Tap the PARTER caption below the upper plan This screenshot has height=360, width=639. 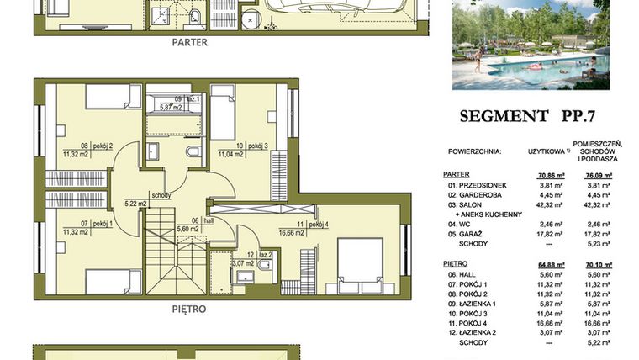(x=189, y=41)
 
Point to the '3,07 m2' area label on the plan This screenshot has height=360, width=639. (x=243, y=263)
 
